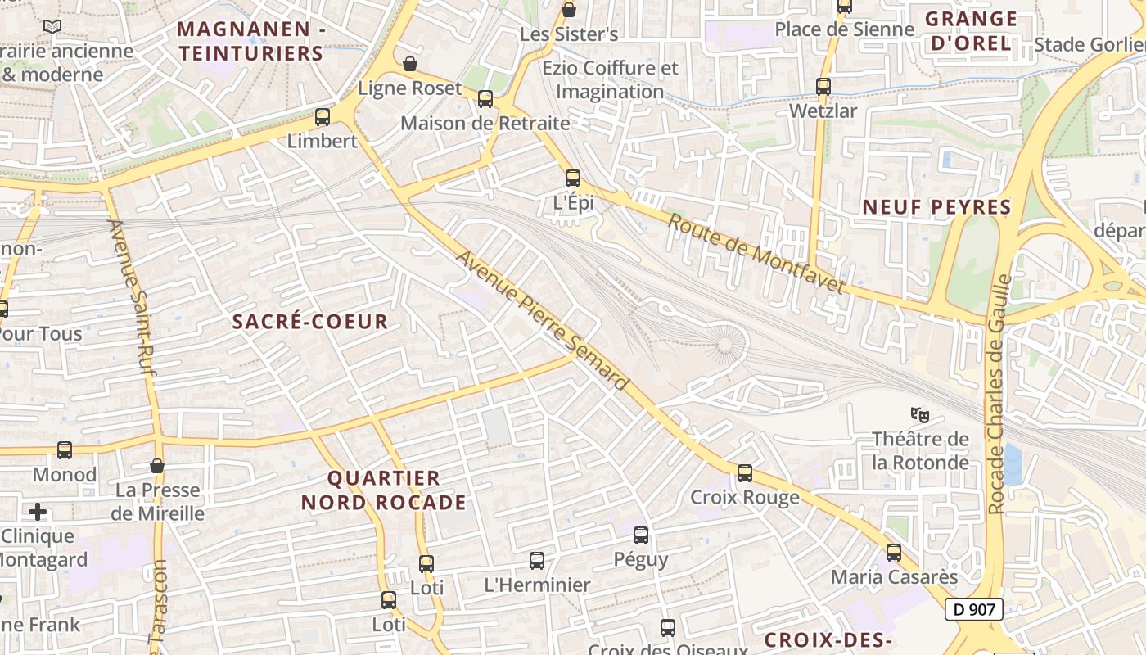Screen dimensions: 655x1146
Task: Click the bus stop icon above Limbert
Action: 323,117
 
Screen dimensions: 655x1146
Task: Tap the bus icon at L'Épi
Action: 573,178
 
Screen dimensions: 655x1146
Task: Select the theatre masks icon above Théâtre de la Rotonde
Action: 920,415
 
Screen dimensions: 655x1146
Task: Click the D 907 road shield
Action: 974,609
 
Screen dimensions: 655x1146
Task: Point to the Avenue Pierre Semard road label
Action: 543,320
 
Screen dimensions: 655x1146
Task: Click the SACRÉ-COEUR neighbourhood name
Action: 310,322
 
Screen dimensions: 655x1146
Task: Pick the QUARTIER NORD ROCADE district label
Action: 383,490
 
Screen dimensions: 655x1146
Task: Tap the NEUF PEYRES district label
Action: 936,207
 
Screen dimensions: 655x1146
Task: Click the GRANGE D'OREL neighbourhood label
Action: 971,31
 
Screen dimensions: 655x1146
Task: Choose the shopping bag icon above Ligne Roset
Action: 410,64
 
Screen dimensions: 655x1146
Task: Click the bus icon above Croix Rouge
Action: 745,472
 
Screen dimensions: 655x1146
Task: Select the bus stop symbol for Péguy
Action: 641,535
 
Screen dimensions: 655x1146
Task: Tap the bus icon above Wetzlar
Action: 823,86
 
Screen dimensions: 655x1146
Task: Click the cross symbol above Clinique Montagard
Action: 38,513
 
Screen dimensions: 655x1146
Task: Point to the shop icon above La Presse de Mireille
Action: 157,466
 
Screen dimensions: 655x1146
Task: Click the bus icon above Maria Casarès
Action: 894,553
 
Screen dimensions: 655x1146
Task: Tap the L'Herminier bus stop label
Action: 537,585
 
